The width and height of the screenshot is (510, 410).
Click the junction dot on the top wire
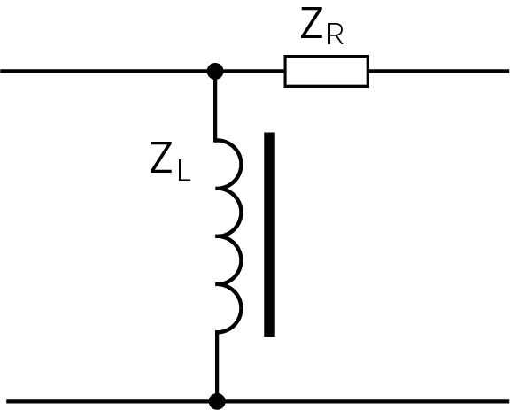pyautogui.click(x=215, y=71)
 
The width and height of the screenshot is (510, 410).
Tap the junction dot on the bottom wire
pyautogui.click(x=216, y=401)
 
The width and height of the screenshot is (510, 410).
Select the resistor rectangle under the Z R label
pyautogui.click(x=326, y=71)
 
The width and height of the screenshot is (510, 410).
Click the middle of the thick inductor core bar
pyautogui.click(x=269, y=235)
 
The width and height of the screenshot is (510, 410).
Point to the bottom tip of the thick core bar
pyautogui.click(x=269, y=333)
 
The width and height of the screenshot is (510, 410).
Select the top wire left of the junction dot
pyautogui.click(x=106, y=71)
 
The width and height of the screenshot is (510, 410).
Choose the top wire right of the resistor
pyautogui.click(x=438, y=71)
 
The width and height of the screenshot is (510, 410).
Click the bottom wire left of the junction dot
pyautogui.click(x=106, y=401)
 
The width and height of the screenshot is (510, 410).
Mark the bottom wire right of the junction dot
pyautogui.click(x=363, y=401)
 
